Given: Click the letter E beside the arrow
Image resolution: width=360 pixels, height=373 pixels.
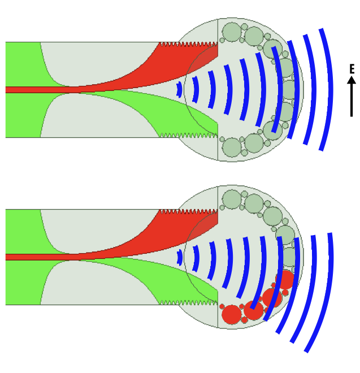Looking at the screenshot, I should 352,70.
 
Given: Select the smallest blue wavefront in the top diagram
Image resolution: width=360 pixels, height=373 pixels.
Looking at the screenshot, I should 180,89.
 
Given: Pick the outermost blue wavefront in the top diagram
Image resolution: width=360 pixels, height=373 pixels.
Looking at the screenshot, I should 327,89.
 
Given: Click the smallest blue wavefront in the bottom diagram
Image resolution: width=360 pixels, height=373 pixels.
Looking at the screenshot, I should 180,257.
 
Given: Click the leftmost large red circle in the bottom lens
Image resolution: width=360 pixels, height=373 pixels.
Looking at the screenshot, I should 232,315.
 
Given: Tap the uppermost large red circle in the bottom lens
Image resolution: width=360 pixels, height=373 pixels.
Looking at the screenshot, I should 285,280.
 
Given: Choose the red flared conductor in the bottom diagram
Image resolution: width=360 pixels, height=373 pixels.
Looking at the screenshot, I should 186,231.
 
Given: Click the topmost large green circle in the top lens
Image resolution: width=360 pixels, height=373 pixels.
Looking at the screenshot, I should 232,32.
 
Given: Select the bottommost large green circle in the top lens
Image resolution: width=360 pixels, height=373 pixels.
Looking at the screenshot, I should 232,147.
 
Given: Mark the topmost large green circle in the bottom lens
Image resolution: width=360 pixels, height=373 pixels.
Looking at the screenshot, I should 232,199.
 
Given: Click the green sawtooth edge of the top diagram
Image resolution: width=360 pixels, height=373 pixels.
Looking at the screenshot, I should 186,135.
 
